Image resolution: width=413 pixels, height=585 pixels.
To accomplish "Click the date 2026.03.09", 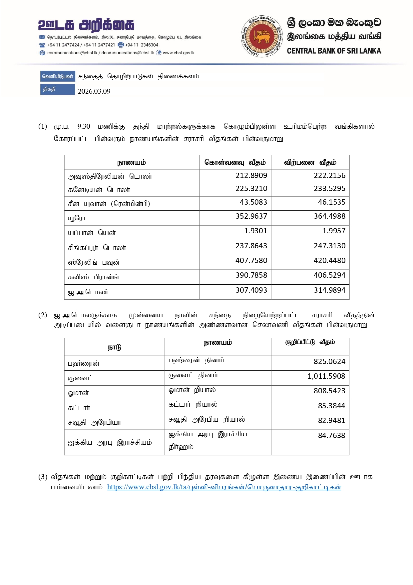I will pos(94,91).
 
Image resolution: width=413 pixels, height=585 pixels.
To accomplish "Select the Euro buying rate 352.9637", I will pos(251,216).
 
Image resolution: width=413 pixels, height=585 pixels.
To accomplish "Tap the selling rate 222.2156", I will pos(329,175).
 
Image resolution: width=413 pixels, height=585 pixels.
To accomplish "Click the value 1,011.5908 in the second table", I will pos(326,376).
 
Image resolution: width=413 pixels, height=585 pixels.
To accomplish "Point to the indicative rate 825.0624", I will pos(329,361).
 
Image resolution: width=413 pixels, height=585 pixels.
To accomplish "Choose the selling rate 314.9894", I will pos(329,290).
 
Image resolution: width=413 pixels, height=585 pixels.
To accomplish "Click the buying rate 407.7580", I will pos(251,260).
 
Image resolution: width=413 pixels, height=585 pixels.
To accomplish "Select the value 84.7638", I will pos(331,435).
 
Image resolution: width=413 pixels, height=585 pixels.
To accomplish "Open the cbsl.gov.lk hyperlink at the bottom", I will pos(224,487).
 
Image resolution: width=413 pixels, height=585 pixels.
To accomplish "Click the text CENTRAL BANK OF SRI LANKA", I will pos(334,51).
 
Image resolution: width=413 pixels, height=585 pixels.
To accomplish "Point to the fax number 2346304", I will pos(149,45).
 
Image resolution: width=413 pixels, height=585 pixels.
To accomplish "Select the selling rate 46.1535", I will pos(331,202).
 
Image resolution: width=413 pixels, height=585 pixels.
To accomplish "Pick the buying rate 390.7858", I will pos(251,275).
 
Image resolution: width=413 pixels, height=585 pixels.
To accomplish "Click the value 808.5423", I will pos(329,391).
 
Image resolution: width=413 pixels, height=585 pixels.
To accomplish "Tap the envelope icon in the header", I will pos(42,37).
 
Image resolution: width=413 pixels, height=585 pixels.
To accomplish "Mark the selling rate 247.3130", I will pos(329,246).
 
